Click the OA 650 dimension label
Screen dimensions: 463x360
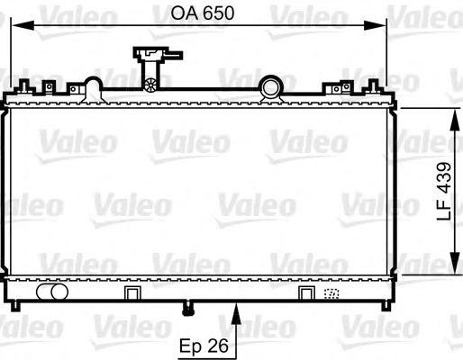[x=203, y=13]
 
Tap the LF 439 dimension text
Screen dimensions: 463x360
[x=444, y=192]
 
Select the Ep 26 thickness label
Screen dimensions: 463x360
[x=204, y=346]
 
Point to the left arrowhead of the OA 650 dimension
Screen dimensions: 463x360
[x=23, y=25]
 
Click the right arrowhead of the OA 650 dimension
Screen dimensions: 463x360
[x=375, y=25]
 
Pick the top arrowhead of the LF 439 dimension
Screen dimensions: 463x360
[x=455, y=120]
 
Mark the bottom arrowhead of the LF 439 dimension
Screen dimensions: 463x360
[x=455, y=263]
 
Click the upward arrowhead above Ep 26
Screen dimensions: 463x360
[x=237, y=314]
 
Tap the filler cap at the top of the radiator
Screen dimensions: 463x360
[x=158, y=55]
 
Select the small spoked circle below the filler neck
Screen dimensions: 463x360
[x=150, y=85]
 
